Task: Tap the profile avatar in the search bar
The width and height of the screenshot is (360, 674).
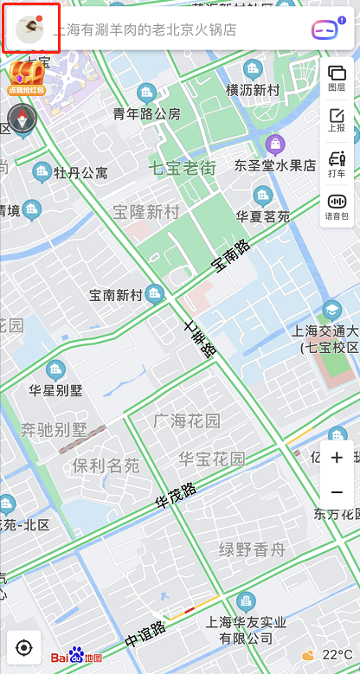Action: click(31, 28)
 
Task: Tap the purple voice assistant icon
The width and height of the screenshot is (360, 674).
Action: click(324, 30)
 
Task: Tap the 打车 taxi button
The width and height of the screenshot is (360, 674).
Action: click(337, 164)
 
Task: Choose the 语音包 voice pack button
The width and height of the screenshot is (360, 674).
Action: click(337, 206)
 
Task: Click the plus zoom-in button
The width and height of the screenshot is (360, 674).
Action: click(337, 457)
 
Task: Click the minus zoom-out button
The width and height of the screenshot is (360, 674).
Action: click(337, 492)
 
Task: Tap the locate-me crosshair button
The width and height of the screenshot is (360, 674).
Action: click(24, 647)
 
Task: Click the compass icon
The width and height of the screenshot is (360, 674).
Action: click(22, 119)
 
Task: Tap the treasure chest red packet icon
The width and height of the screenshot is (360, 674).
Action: click(26, 77)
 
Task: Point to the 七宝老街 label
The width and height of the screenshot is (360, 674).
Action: click(183, 168)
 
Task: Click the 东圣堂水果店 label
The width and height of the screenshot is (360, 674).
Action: click(275, 164)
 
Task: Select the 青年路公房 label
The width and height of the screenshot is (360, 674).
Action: click(147, 113)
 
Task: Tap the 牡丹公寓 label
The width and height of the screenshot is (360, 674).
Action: click(80, 173)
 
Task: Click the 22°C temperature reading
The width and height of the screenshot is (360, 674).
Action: click(337, 655)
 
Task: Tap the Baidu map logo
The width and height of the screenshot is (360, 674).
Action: click(76, 657)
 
